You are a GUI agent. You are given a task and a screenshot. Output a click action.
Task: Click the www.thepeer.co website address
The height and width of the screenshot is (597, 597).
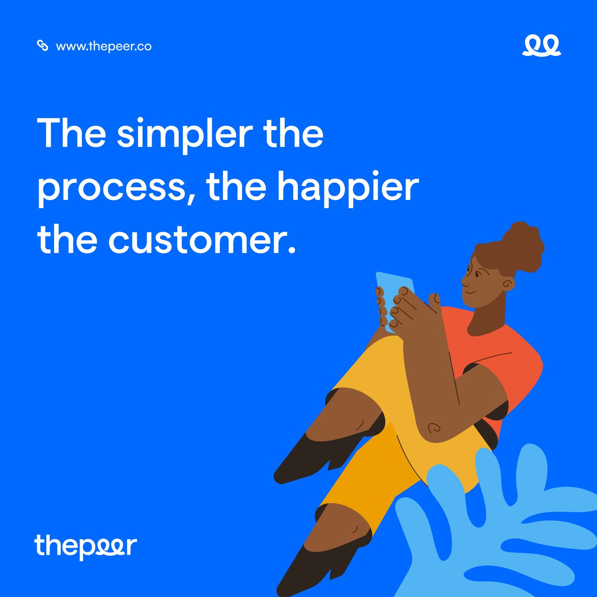(x=103, y=46)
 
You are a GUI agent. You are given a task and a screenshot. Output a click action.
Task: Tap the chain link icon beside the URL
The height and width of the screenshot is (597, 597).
(x=43, y=46)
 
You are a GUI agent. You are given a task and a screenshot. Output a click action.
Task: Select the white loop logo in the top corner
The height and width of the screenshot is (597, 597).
(x=541, y=46)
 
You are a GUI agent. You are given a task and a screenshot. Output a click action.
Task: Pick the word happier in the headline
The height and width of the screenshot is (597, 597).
(x=347, y=187)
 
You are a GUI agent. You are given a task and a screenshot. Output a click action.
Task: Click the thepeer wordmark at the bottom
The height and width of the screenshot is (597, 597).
(x=86, y=546)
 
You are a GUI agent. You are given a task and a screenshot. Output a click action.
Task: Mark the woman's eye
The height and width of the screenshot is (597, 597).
(x=478, y=273)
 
